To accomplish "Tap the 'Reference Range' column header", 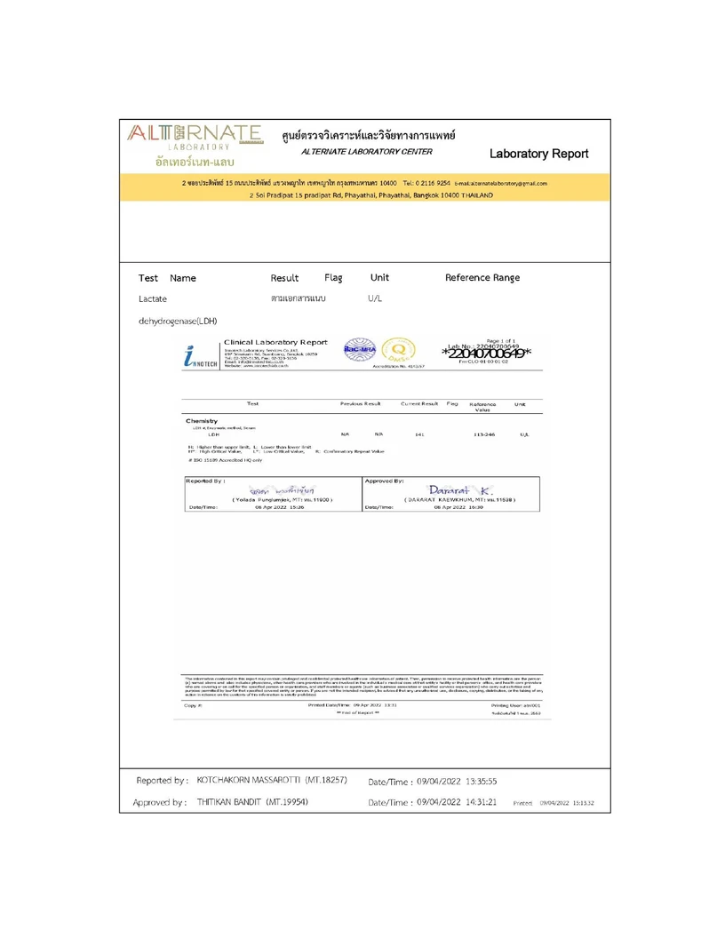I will [482, 277].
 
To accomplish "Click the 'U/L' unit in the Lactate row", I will [374, 299].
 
